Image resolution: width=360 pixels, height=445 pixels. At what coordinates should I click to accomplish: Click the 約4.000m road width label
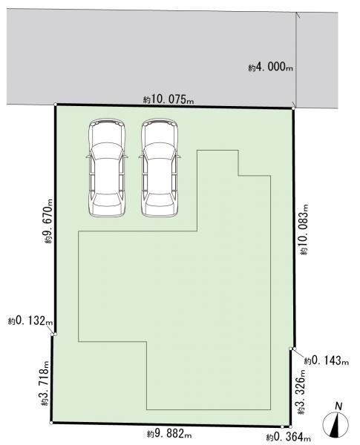coord(270,67)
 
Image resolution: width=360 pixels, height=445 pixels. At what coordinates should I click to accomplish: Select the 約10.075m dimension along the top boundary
coord(168,99)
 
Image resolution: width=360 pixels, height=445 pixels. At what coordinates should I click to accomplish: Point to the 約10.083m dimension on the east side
coord(304,229)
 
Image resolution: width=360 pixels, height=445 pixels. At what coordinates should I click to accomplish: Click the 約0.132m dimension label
coord(30,321)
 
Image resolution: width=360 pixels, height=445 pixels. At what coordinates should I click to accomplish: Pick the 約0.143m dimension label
coord(327,360)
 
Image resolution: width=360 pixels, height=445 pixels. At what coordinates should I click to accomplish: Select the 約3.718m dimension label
coord(45,383)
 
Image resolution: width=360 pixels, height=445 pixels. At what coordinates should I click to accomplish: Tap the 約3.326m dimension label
coord(301,392)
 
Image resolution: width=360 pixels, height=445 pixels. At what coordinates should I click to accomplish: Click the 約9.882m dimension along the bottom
coord(169,434)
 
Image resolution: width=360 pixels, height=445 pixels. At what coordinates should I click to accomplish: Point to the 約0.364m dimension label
coord(289,437)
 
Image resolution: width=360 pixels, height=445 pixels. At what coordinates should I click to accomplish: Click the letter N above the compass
coord(338,406)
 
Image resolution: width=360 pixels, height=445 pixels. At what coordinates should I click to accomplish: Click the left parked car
coord(107,168)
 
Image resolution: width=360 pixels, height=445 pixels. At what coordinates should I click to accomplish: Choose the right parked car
coord(160,168)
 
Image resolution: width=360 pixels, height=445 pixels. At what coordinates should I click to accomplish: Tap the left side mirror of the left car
coord(88,156)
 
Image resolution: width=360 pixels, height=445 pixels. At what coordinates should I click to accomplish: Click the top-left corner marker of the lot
coord(55,105)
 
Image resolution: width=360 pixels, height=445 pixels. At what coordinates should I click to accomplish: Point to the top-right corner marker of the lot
coord(293,108)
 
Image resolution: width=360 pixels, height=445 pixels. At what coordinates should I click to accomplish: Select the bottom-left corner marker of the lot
coord(51,423)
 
